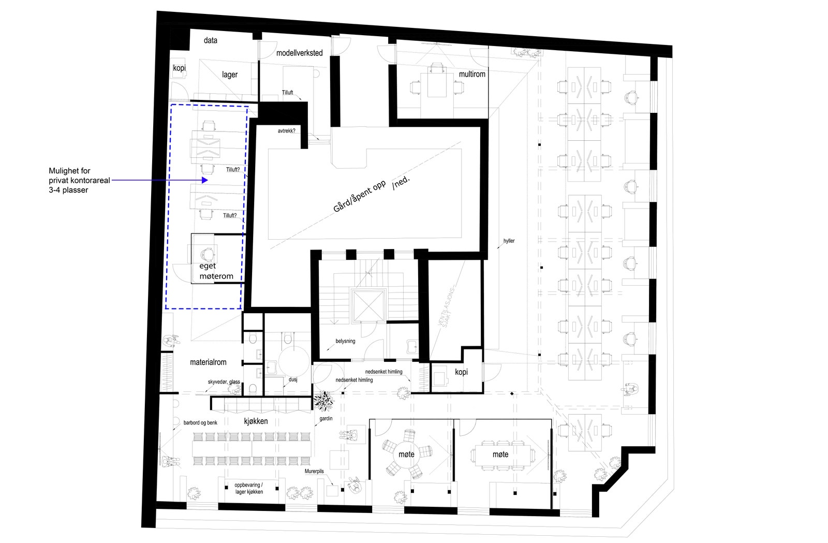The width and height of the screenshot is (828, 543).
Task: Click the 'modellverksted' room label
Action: click(299, 53)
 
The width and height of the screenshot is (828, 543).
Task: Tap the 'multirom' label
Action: click(472, 74)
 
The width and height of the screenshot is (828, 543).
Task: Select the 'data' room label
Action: click(210, 40)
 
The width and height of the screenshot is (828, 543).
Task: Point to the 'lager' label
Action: click(230, 75)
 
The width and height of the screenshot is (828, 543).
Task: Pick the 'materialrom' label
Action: click(208, 362)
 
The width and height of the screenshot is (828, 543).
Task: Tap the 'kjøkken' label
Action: click(256, 421)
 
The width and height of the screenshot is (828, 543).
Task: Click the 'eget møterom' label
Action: click(216, 271)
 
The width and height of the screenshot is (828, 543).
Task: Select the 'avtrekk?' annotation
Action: click(286, 131)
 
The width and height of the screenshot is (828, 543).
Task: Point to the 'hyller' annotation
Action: click(509, 241)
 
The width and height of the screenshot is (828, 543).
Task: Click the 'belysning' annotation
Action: click(345, 341)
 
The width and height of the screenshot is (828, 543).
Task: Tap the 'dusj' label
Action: click(293, 379)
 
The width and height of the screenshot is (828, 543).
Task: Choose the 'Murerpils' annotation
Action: click(314, 471)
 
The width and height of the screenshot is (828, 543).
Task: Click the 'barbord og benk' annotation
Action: click(200, 423)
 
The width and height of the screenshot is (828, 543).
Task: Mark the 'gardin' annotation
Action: click(326, 418)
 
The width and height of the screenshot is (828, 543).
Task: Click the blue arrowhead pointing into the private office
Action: click(205, 180)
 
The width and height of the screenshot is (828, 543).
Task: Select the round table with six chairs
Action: click(406, 454)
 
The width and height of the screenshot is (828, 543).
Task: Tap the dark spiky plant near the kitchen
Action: click(324, 399)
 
